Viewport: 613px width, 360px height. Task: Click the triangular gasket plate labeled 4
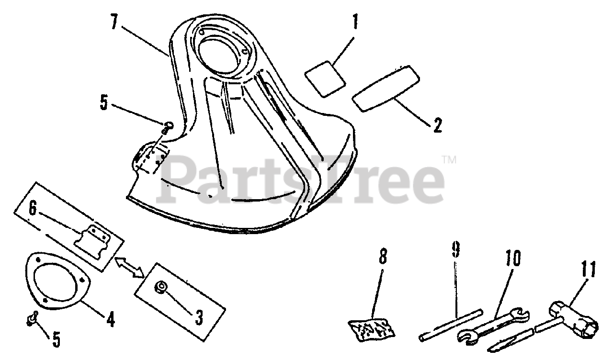56,280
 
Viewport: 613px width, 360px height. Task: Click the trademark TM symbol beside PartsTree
448,159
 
